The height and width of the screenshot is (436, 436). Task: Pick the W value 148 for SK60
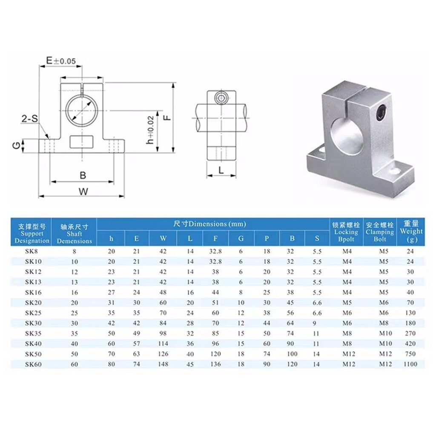163,364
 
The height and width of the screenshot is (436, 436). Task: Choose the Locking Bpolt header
346,232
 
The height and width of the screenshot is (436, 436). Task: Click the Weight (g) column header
411,231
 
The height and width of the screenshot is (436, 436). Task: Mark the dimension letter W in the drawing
83,192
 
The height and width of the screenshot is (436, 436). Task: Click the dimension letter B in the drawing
83,175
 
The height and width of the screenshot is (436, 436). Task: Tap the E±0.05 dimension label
60,61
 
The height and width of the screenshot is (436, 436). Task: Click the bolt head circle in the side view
221,98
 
